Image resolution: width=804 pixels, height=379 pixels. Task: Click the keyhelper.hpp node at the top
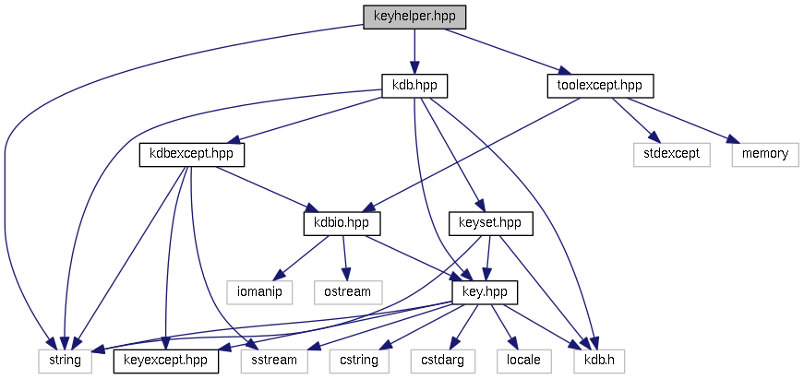click(x=414, y=16)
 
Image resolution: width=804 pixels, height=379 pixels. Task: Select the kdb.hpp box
click(x=414, y=86)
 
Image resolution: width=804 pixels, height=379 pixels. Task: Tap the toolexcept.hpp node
click(x=599, y=86)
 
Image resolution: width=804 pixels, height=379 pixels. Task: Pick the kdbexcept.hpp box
click(x=192, y=154)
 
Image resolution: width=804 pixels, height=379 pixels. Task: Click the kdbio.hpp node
click(x=342, y=223)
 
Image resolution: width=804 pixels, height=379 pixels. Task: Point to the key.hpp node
click(x=484, y=291)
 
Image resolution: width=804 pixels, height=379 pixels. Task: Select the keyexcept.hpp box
click(x=165, y=360)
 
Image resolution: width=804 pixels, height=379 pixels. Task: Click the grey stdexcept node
click(x=672, y=154)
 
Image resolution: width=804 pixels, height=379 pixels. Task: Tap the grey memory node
click(x=764, y=154)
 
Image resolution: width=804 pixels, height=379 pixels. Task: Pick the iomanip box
click(x=259, y=291)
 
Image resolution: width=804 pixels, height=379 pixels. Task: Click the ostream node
click(x=348, y=291)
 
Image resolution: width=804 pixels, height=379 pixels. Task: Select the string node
click(x=65, y=360)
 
